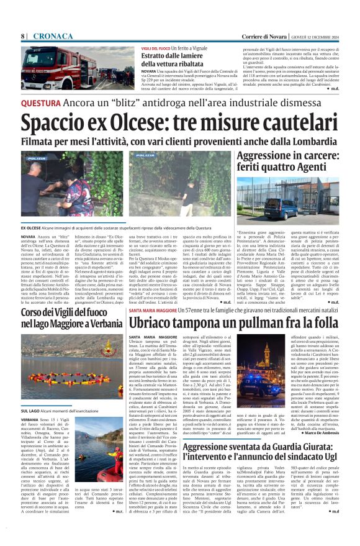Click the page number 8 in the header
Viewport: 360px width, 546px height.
(23, 35)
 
